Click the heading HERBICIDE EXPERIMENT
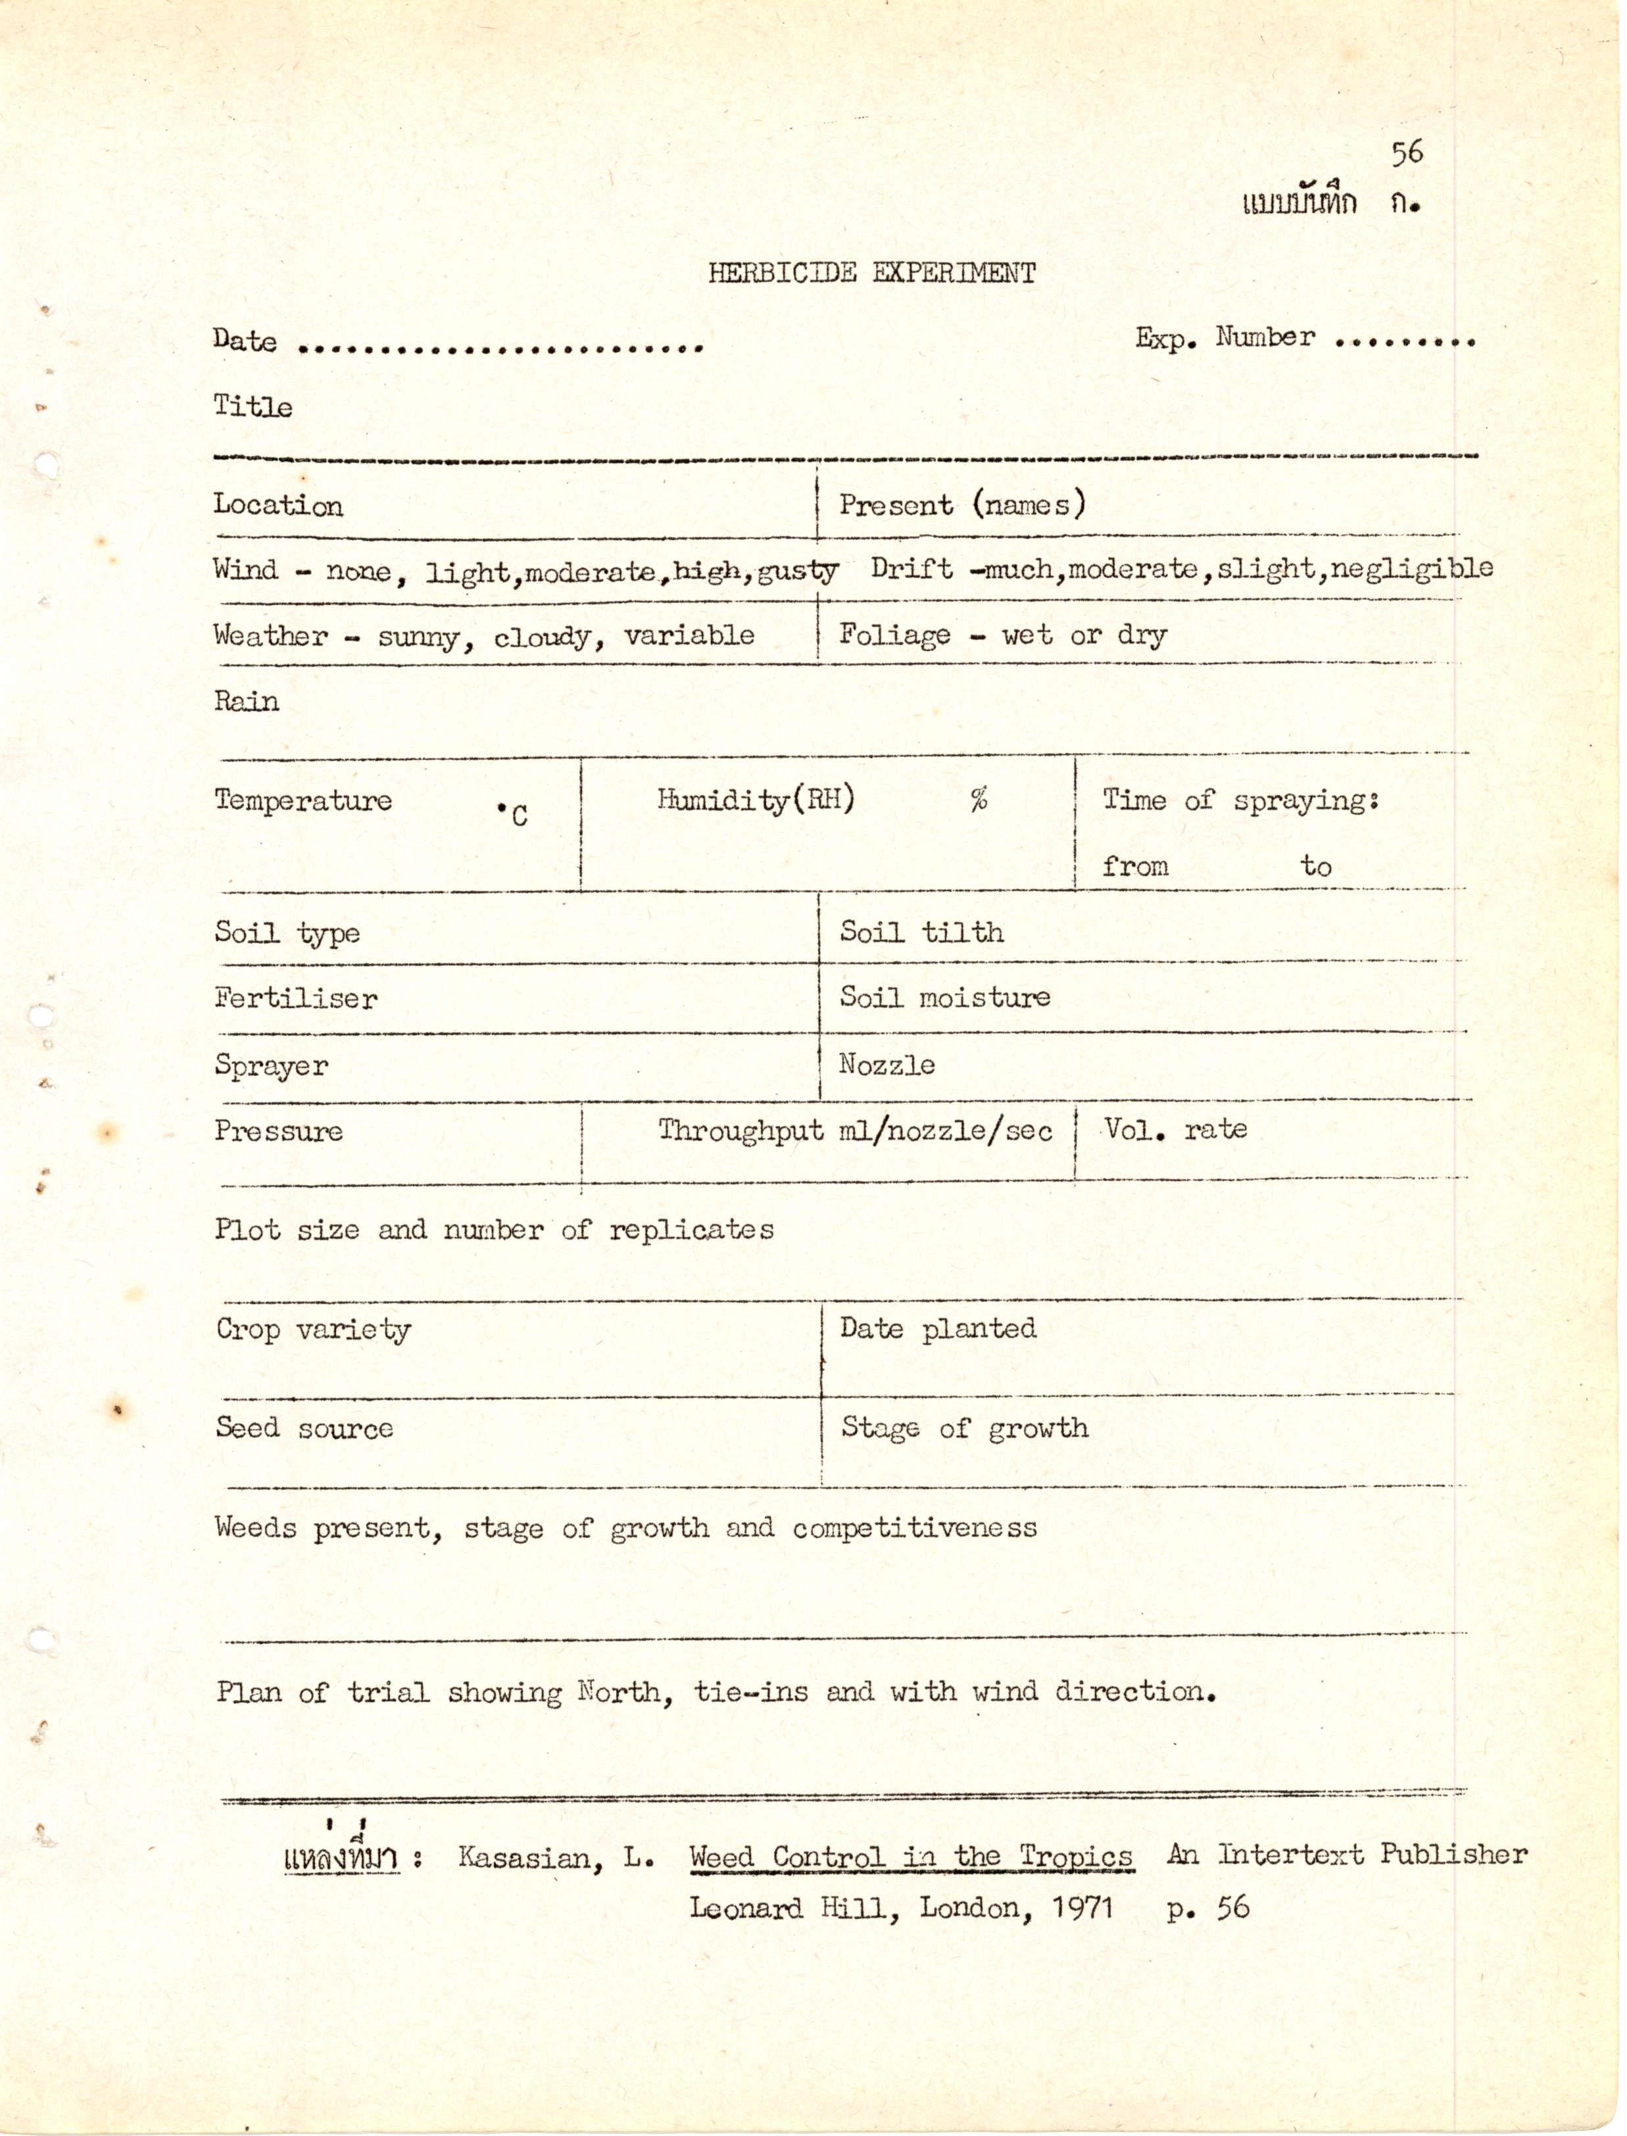(x=871, y=273)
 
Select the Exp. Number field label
(x=1225, y=338)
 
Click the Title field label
(x=253, y=406)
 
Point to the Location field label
(x=278, y=506)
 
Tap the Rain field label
(x=246, y=701)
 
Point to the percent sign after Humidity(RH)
(x=979, y=800)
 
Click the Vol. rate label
(x=1175, y=1130)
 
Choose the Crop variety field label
(x=313, y=1330)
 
